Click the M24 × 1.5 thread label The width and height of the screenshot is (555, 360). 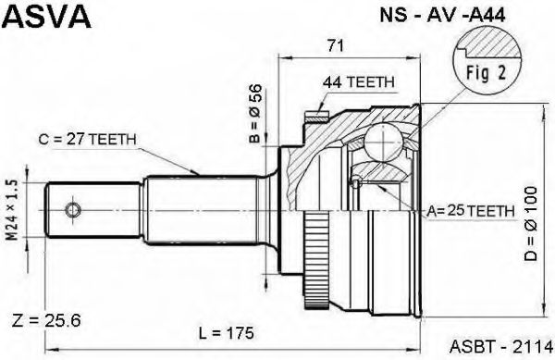13,211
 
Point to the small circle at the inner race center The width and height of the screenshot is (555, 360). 354,181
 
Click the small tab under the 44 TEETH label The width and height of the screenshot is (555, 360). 319,116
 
